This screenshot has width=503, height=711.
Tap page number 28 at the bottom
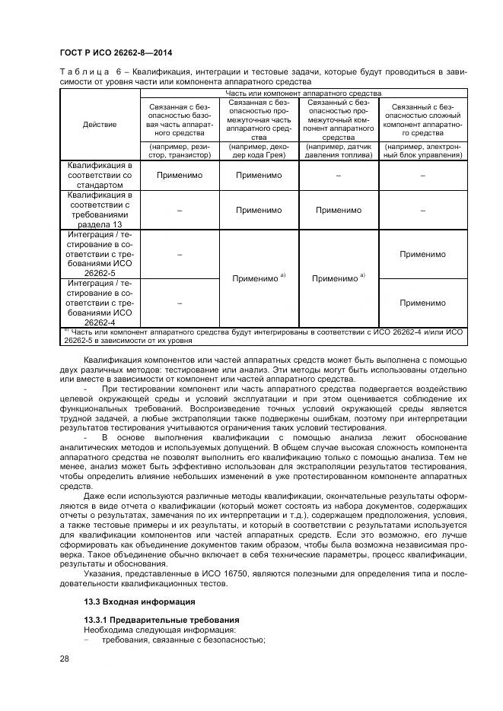click(64, 658)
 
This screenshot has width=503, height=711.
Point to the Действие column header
click(100, 124)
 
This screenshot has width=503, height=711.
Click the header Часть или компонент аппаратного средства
click(303, 93)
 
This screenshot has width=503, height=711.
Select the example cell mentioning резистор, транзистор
click(180, 151)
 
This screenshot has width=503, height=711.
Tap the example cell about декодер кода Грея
click(259, 151)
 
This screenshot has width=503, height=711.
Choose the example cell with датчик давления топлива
click(339, 151)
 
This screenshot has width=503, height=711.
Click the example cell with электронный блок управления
click(422, 151)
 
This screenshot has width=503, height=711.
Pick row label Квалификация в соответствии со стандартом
click(100, 175)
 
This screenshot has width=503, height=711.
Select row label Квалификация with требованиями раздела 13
click(100, 210)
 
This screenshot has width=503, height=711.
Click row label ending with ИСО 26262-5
click(100, 255)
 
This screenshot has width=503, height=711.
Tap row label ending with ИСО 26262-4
click(100, 303)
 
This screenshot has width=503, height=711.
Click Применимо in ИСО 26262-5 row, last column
click(422, 254)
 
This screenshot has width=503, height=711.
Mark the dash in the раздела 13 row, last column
click(422, 211)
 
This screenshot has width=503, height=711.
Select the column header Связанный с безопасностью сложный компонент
click(422, 119)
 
